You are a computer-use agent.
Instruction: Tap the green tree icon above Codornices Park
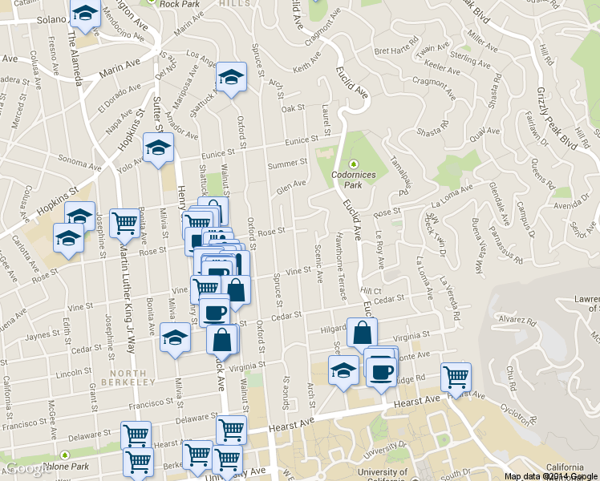coord(353,164)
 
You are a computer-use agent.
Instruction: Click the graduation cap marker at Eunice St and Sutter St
coord(158,148)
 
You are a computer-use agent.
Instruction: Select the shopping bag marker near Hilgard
coord(362,333)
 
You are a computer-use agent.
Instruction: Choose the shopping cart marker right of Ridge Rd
coord(456,377)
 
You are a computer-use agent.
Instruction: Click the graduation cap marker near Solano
coord(84,14)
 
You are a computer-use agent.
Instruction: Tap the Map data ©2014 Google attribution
coord(551,475)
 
